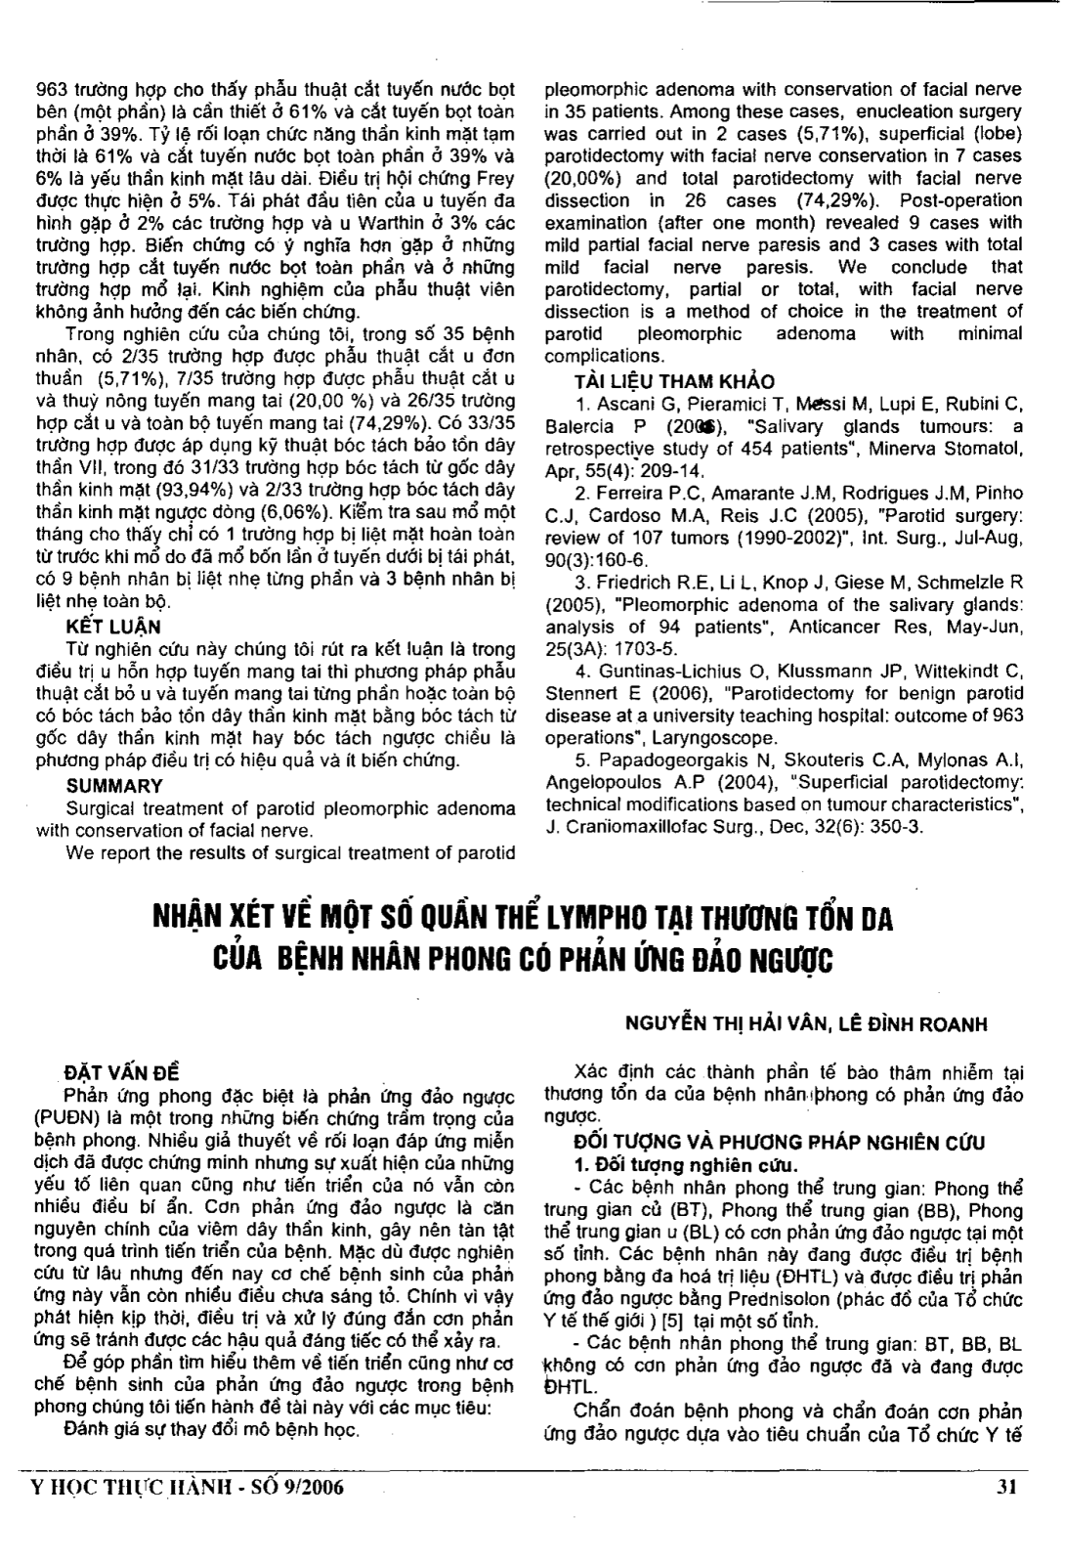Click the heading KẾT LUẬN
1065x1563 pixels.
click(113, 627)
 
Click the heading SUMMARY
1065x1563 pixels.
click(114, 785)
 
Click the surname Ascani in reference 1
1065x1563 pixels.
click(617, 404)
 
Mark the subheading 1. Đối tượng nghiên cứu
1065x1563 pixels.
click(673, 1165)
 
